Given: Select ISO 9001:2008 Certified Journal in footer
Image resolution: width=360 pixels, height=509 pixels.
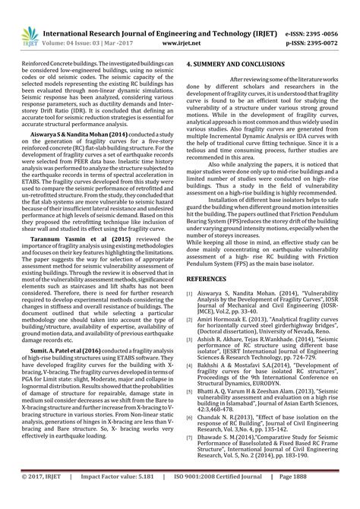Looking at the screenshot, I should (x=232, y=497).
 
